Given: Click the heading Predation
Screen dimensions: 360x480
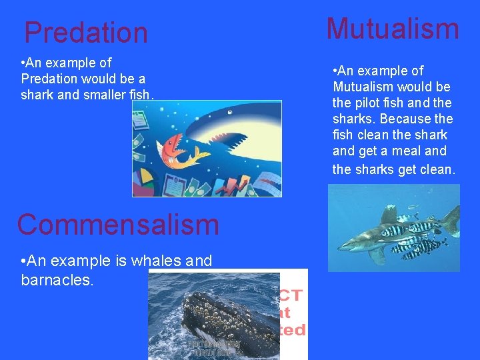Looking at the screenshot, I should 86,32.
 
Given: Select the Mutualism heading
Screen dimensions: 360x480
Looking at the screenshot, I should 393,29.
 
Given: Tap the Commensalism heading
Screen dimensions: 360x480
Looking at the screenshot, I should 118,224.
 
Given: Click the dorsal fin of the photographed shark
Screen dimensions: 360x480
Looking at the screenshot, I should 389,214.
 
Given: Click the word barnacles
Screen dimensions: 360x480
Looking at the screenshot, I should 57,279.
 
